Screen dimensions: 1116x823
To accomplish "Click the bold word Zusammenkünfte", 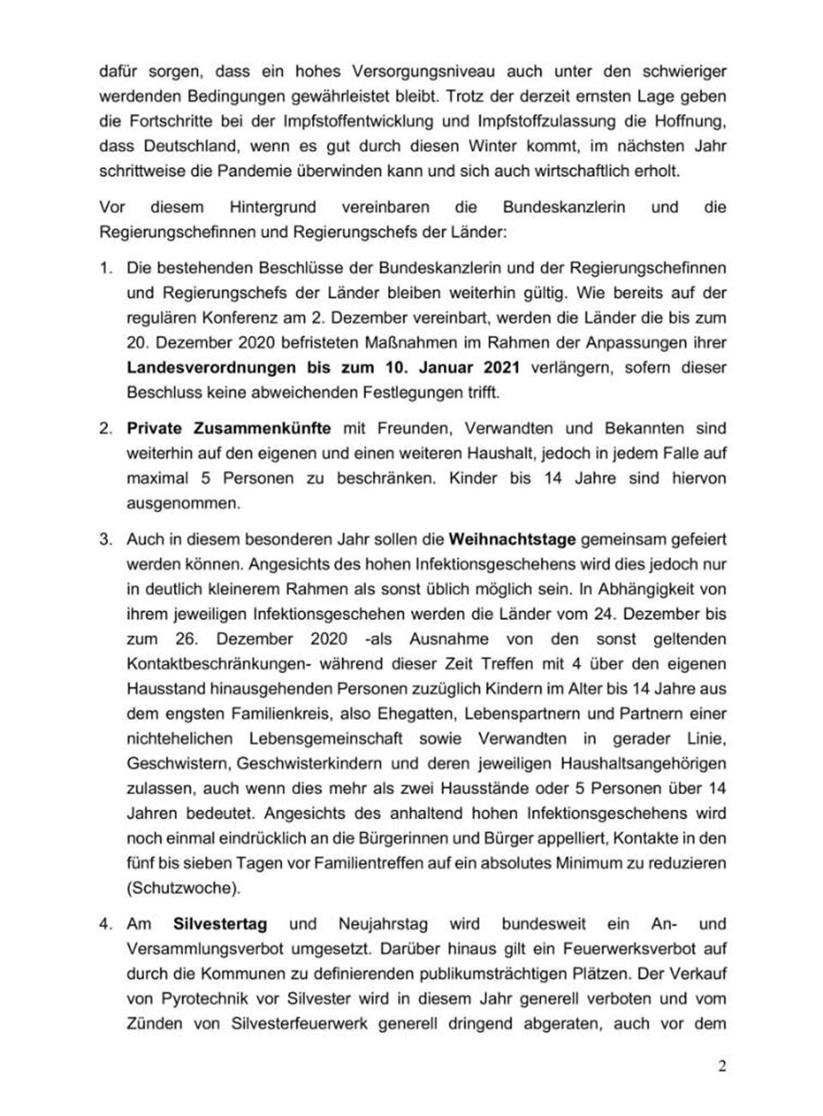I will pos(268,428).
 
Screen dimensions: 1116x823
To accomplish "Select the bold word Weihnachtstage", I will pos(512,540).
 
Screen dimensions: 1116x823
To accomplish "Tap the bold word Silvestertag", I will pos(219,924).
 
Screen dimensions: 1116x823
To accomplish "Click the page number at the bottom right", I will pos(722,1067).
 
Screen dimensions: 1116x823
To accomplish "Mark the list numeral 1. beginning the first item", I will pos(106,268).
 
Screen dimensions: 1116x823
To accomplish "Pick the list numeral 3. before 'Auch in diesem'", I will pos(106,540).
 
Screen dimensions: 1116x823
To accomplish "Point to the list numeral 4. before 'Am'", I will pos(106,924).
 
